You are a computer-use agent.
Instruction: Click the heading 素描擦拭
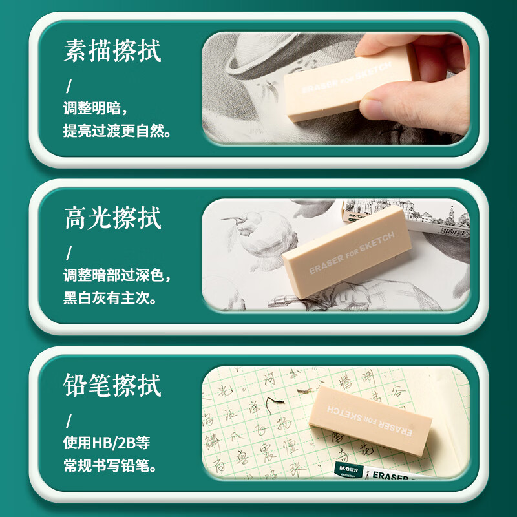pyautogui.click(x=112, y=52)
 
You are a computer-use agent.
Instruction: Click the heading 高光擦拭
pyautogui.click(x=112, y=218)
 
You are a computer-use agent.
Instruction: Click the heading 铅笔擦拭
pyautogui.click(x=112, y=385)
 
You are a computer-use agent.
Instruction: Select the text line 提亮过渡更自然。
pyautogui.click(x=117, y=131)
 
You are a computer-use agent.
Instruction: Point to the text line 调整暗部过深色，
pyautogui.click(x=117, y=276)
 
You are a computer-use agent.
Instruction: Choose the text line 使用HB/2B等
pyautogui.click(x=107, y=443)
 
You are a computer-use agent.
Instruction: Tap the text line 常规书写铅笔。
pyautogui.click(x=110, y=466)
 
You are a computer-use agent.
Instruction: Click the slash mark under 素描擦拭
pyautogui.click(x=69, y=85)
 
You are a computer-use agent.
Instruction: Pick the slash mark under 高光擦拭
pyautogui.click(x=69, y=253)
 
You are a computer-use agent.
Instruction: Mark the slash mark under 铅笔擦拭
pyautogui.click(x=69, y=420)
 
